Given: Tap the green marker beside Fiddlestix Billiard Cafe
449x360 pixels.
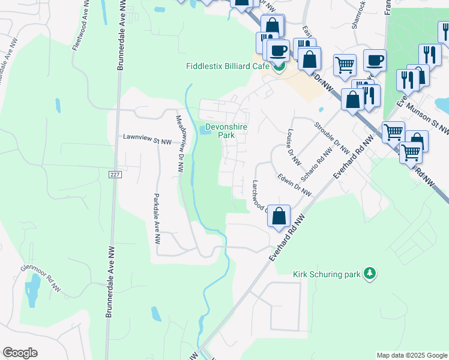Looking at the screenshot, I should click(279, 66).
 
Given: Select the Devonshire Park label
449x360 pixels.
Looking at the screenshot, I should click(226, 131).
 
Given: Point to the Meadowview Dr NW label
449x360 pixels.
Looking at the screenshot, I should click(179, 144).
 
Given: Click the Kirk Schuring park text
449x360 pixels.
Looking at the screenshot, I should click(326, 274).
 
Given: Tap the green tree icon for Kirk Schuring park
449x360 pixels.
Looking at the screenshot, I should click(370, 274).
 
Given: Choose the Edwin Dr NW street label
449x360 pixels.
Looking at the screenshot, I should click(294, 184).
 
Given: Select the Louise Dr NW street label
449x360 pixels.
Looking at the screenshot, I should click(293, 147).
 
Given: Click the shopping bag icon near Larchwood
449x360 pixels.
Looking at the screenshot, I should click(279, 216).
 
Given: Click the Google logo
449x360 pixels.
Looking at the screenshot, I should click(20, 353).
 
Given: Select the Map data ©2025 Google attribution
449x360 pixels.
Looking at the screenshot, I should click(412, 355).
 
